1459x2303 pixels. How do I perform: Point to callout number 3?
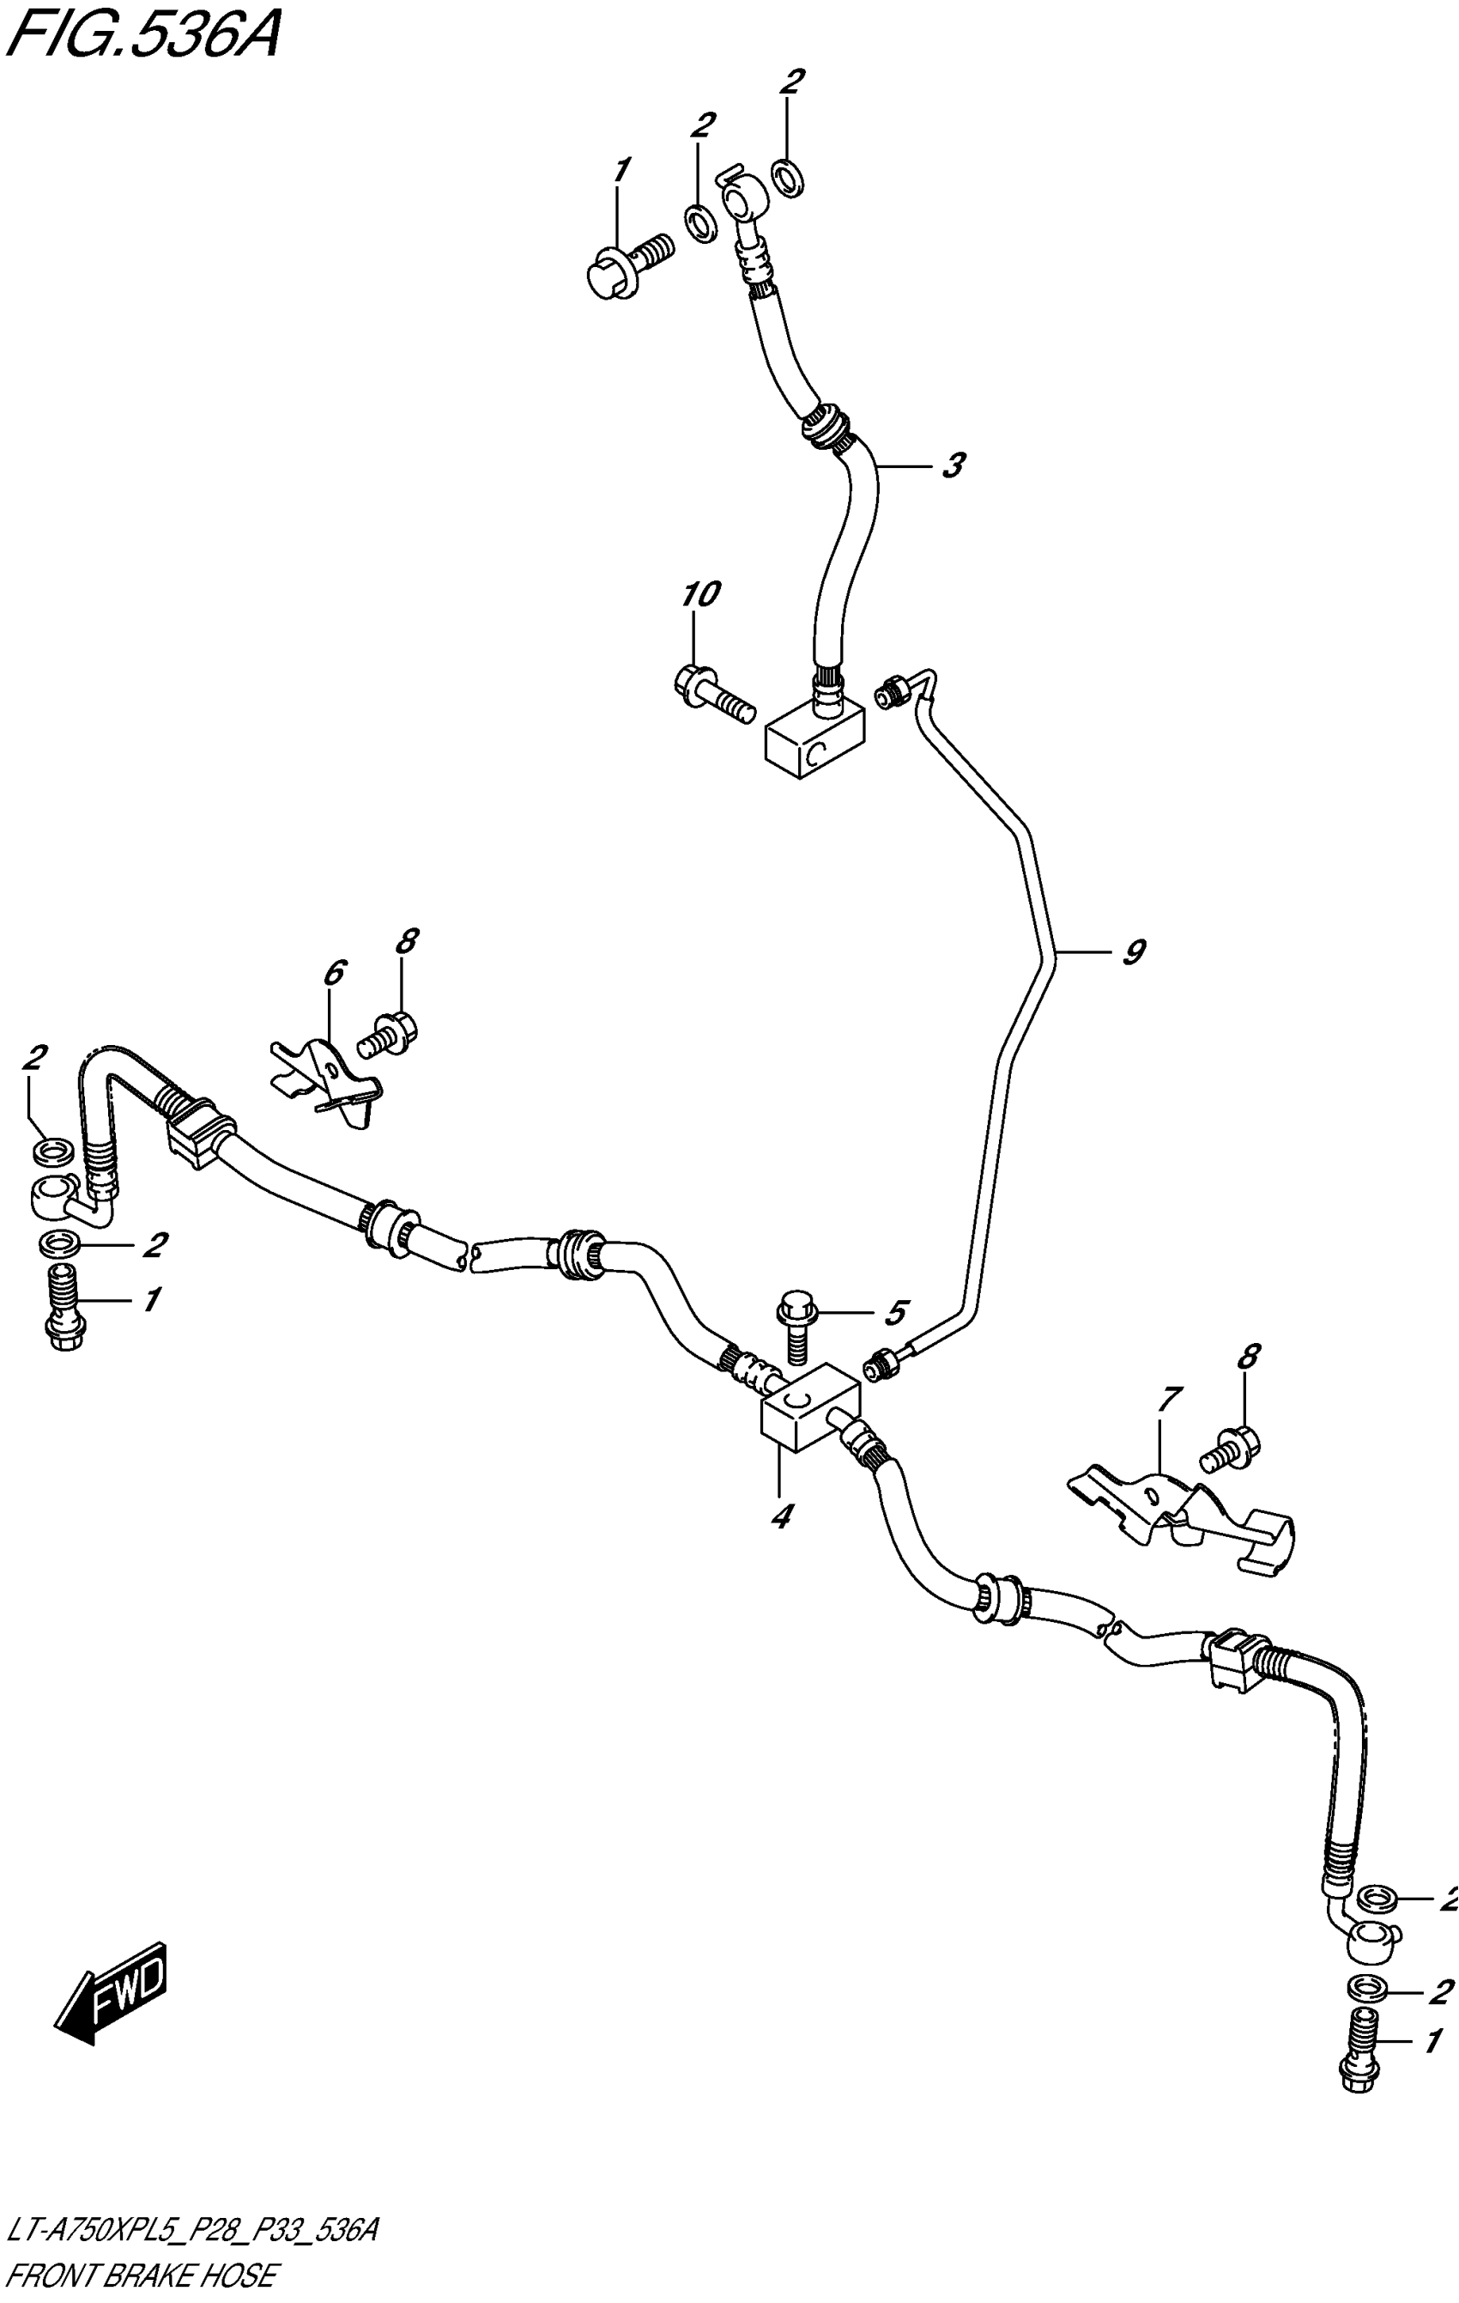point(953,467)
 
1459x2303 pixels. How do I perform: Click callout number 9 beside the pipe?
point(1133,952)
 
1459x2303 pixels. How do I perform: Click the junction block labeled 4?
point(808,1415)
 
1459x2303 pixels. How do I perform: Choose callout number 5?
point(894,1313)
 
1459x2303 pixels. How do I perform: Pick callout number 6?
point(333,974)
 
